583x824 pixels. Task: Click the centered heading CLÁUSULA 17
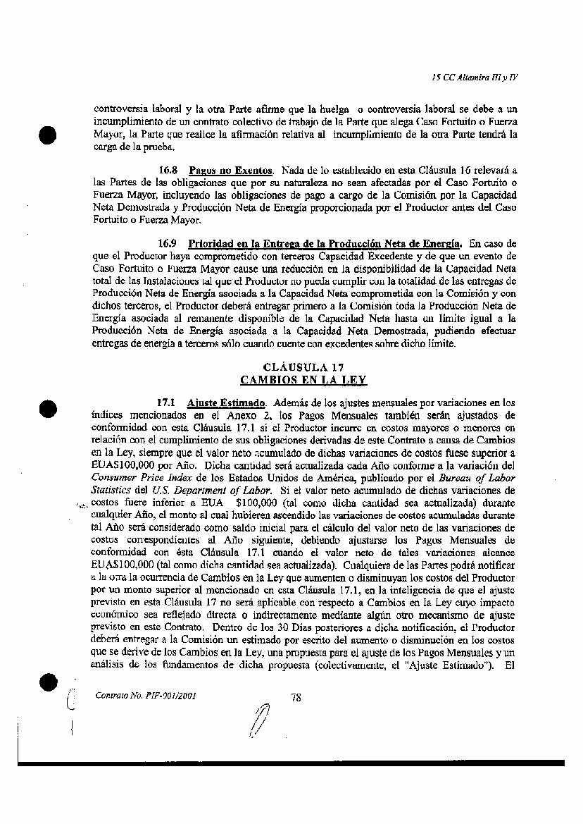303,367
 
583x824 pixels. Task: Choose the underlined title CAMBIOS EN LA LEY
303,380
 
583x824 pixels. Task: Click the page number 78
296,698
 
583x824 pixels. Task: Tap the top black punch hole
48,135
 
